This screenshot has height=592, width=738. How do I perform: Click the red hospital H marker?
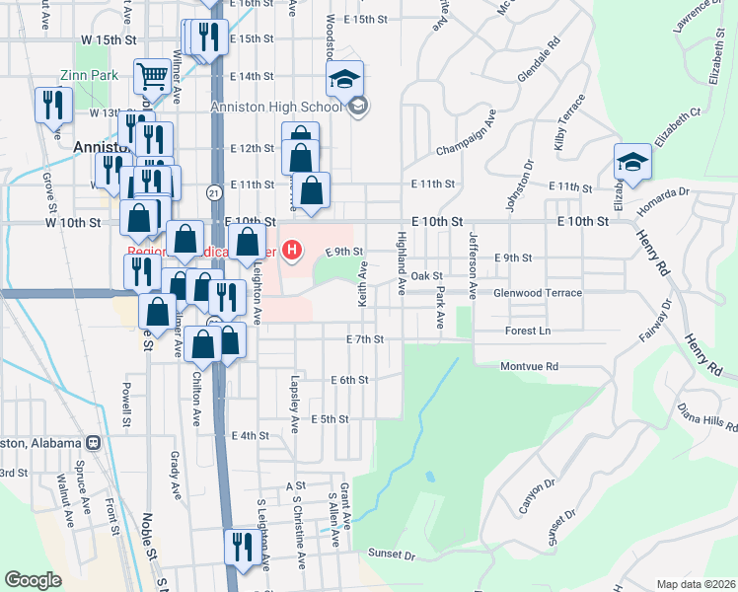(x=291, y=251)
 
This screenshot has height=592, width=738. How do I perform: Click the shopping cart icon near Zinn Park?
(x=152, y=75)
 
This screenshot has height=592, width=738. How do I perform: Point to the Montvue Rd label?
(x=530, y=366)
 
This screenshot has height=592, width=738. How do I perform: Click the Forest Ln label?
(x=528, y=331)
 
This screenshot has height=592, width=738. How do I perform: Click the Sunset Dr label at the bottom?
(x=392, y=555)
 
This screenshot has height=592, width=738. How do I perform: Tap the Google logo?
(x=33, y=580)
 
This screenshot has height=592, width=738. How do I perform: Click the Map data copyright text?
(x=696, y=584)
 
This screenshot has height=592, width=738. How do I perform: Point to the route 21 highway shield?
(x=213, y=191)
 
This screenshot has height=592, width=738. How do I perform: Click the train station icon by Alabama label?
(x=94, y=443)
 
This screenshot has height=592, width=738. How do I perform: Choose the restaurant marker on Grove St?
(x=52, y=106)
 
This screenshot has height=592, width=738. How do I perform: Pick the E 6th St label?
(x=349, y=380)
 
